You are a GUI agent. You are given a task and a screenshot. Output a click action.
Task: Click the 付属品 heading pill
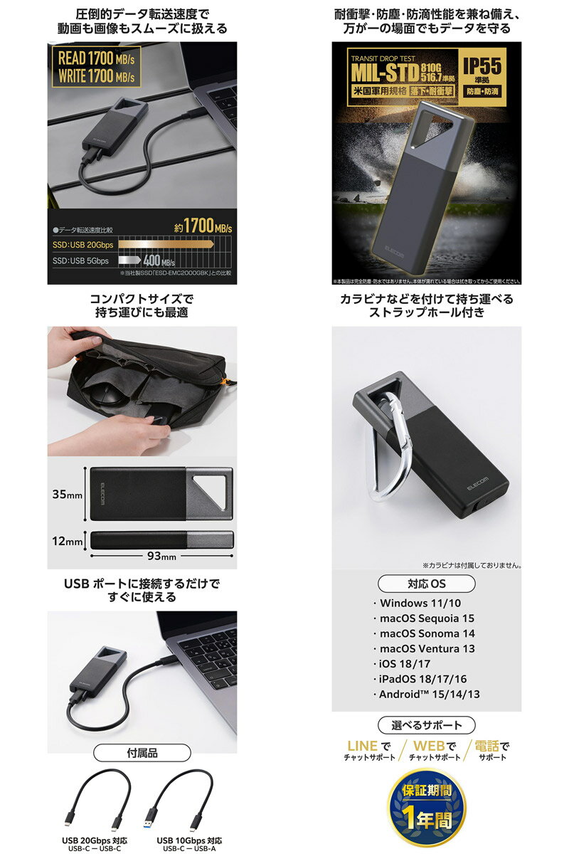pyautogui.click(x=142, y=753)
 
